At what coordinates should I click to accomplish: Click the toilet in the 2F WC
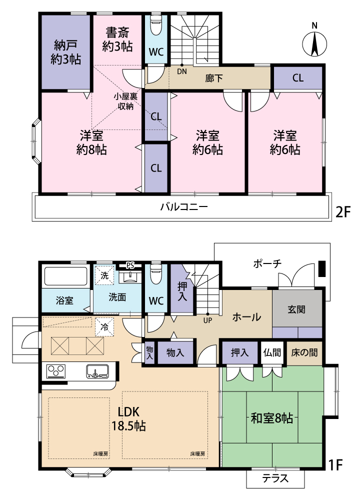[156, 25]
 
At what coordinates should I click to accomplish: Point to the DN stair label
[182, 71]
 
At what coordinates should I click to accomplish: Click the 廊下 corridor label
[214, 78]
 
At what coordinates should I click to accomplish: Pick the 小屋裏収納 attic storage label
[125, 101]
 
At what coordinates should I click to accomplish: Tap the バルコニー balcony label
[184, 207]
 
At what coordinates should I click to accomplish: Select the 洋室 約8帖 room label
[91, 142]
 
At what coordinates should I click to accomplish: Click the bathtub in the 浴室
[66, 276]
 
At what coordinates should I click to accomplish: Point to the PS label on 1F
[130, 265]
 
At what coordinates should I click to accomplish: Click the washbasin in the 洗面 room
[130, 277]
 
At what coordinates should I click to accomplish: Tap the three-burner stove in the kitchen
[56, 371]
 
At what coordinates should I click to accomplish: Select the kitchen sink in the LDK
[97, 371]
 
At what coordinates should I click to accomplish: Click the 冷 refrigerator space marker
[104, 327]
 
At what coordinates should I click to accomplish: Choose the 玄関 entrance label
[296, 309]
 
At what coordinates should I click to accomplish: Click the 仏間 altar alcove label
[272, 352]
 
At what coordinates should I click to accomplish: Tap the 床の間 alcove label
[304, 352]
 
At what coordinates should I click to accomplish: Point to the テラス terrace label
[275, 478]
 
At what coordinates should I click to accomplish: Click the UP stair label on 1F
[207, 320]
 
